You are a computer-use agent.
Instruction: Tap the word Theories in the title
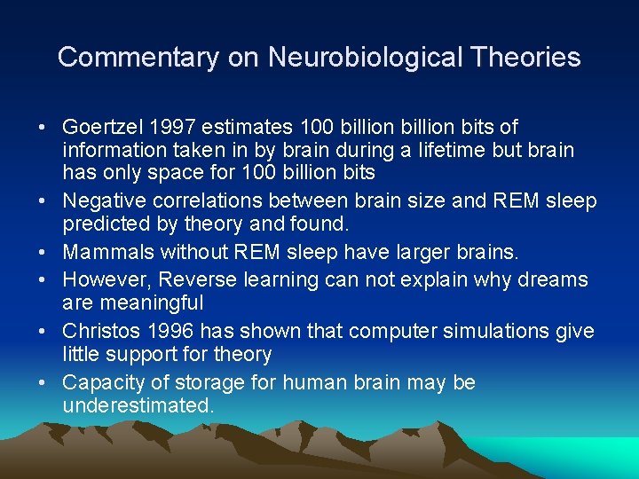[x=526, y=58]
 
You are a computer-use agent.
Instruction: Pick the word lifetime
[x=420, y=150]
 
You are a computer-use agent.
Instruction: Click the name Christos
[x=97, y=331]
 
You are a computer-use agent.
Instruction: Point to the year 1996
[x=165, y=331]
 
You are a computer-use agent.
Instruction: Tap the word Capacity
[x=100, y=382]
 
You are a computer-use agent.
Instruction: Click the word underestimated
[x=138, y=405]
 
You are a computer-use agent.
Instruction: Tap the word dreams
[x=554, y=279]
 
